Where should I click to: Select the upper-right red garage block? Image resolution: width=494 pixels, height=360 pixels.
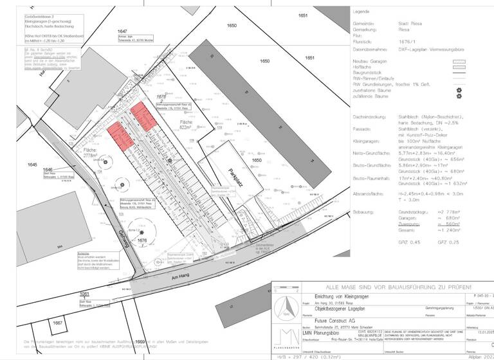[142, 116]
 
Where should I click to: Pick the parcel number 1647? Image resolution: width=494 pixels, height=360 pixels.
[122, 31]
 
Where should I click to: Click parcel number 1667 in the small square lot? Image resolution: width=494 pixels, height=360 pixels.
[57, 323]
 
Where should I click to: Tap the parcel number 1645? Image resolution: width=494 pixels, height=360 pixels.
[33, 165]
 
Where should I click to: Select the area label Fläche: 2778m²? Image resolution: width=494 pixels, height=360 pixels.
[94, 153]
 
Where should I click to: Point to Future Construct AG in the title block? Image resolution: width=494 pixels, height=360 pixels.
[333, 319]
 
